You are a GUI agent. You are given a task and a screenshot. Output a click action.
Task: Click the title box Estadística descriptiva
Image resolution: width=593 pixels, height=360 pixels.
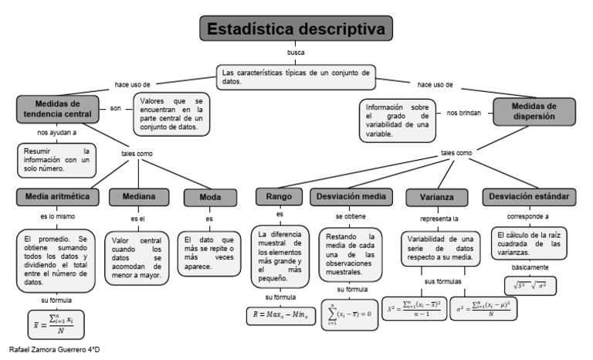coord(296,29)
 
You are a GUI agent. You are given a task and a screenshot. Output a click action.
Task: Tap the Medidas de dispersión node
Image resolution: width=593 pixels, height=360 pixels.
coord(534,111)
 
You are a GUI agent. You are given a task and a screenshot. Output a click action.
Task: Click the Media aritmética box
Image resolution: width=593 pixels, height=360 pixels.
coord(58,196)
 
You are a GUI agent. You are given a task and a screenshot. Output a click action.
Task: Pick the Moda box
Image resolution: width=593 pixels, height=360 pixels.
coord(210,198)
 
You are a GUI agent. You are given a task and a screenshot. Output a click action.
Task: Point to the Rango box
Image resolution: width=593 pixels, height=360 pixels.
coord(280,197)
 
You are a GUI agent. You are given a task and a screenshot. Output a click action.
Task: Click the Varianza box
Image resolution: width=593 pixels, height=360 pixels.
coord(437,198)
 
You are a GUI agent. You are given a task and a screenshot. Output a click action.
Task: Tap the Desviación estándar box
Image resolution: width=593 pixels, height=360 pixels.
coord(529,197)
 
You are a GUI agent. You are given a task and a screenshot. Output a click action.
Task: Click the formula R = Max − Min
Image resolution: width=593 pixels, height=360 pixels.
coord(280,314)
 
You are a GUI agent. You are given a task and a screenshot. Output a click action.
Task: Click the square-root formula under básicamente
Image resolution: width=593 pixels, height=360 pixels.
coord(530,284)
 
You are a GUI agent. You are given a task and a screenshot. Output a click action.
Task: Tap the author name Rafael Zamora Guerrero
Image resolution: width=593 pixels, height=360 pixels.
coord(51,350)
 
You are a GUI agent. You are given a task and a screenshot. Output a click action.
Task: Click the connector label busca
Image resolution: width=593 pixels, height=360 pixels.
coord(296,53)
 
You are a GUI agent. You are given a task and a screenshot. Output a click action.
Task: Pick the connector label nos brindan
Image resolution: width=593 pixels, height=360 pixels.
coord(463,113)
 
